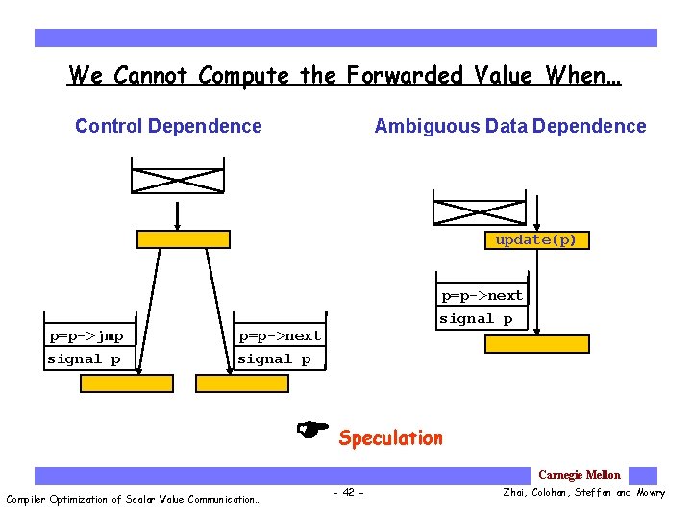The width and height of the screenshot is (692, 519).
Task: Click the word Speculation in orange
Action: tap(390, 438)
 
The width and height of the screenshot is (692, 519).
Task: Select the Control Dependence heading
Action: tap(168, 126)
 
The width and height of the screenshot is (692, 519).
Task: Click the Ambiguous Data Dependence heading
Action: tap(509, 126)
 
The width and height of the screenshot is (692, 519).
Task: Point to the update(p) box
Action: tap(535, 240)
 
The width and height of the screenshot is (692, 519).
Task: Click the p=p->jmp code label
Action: tap(86, 336)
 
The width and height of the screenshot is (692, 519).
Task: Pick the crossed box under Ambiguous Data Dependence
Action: tap(480, 212)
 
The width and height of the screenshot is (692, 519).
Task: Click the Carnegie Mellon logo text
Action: tap(579, 475)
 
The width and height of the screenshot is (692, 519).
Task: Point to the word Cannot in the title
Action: tap(153, 75)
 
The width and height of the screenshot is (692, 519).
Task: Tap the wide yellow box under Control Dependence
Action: tap(184, 239)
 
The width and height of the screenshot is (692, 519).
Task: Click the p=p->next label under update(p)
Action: tap(482, 295)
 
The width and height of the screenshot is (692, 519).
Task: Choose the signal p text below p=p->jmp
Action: tap(85, 359)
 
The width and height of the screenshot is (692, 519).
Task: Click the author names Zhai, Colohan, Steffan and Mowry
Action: tap(583, 493)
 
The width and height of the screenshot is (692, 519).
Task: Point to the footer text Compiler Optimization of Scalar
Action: tap(134, 499)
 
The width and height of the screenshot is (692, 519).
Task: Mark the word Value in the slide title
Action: tap(506, 75)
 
